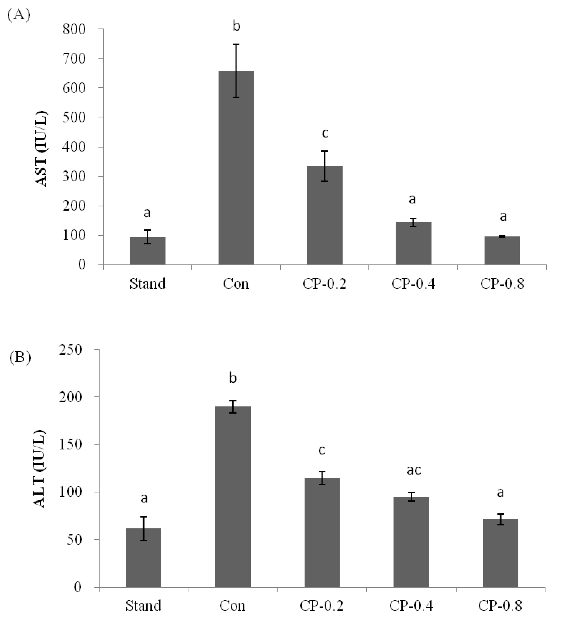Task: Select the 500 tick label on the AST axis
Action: (x=74, y=117)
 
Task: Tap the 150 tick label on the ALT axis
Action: (x=71, y=445)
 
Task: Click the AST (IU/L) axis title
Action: (x=41, y=149)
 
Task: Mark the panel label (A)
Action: (x=19, y=15)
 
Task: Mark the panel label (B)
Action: (x=20, y=358)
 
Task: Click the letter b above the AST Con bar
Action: (x=236, y=26)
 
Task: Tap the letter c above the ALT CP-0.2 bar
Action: (x=322, y=451)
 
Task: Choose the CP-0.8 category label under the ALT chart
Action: (x=500, y=606)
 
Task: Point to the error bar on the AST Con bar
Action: (x=236, y=71)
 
